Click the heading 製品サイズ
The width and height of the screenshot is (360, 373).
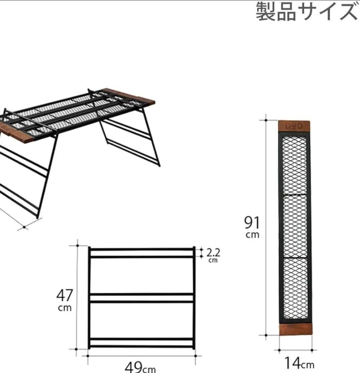307,12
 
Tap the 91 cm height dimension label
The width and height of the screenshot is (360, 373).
252,227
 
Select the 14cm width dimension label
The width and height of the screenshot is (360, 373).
299,364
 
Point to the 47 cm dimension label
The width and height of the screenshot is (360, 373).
65,300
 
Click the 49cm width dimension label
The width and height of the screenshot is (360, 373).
140,367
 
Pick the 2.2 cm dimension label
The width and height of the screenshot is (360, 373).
213,255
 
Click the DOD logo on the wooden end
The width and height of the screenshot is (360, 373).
294,126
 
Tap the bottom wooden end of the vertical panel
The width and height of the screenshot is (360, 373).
296,329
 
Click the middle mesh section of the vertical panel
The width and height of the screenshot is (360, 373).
295,226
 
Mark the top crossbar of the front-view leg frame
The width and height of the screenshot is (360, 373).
142,249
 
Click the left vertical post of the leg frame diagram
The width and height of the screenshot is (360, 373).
89,298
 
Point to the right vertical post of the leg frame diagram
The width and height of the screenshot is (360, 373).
194,298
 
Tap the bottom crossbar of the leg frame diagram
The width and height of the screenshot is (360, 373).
142,347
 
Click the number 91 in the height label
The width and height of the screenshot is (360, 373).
252,223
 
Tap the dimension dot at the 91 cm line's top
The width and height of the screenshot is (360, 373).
266,120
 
